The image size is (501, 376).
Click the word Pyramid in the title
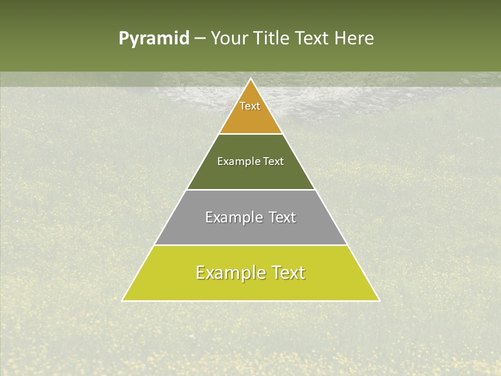153,39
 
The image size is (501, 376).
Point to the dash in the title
200,39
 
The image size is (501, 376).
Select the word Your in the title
228,39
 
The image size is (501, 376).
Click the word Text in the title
314,39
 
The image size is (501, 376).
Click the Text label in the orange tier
250,106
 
